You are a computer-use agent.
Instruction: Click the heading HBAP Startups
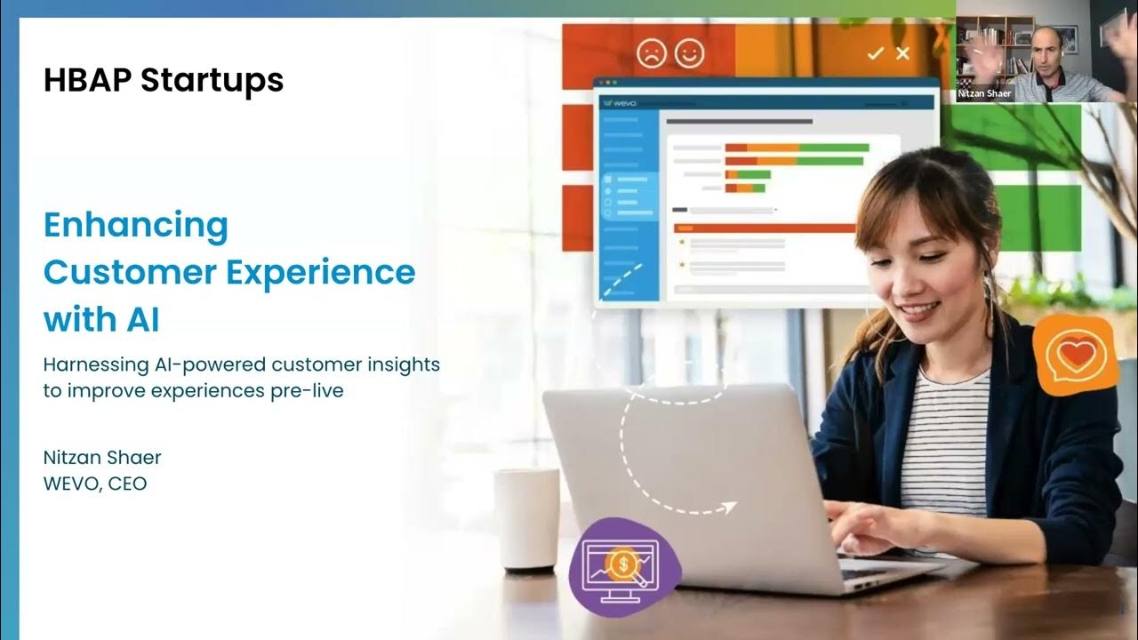pos(164,80)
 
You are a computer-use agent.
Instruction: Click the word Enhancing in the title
pos(136,226)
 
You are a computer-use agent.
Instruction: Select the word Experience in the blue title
pos(321,272)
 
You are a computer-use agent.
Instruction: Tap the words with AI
pos(101,319)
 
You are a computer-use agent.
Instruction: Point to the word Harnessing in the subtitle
pos(96,365)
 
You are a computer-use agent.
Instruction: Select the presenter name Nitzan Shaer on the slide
pos(102,458)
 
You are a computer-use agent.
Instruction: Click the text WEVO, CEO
pos(95,484)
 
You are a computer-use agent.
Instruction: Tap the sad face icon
pos(652,52)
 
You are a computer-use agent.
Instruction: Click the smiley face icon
pos(689,52)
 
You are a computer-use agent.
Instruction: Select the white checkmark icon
pos(876,53)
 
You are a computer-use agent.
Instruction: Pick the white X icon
pos(902,52)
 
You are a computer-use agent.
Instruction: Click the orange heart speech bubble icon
pos(1076,355)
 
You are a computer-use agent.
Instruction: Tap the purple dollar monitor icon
pos(624,567)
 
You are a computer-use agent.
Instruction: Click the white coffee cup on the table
pos(527,518)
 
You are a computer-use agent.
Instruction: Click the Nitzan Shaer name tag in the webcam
pos(984,93)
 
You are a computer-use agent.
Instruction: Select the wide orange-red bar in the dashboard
pos(765,228)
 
